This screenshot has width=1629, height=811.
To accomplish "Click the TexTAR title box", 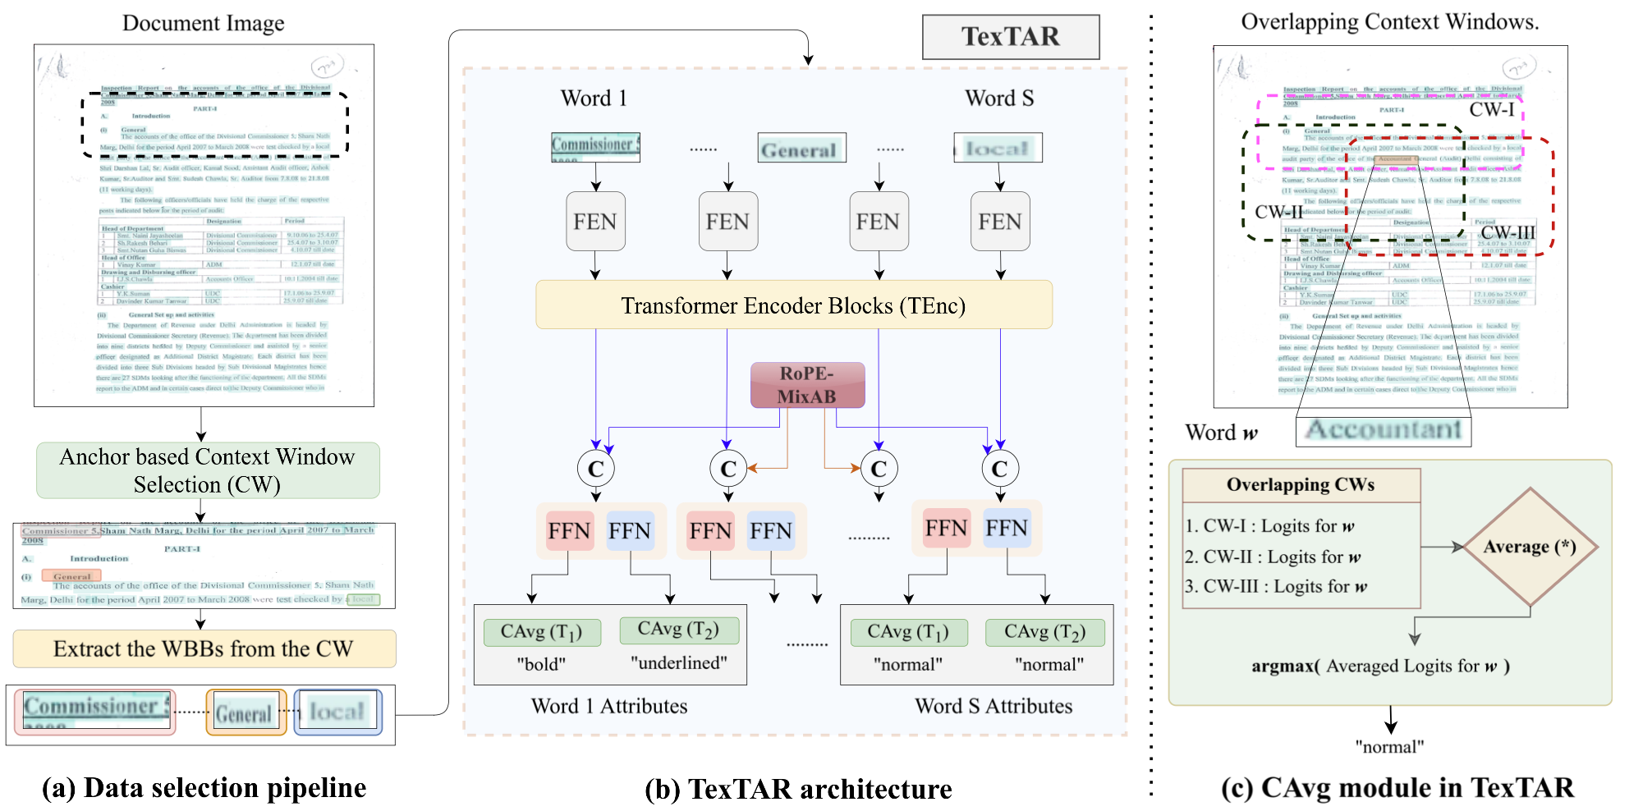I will click(x=1011, y=37).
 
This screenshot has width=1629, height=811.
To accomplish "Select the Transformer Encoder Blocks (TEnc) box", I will click(x=793, y=305).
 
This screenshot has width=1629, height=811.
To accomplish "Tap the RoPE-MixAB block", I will click(x=807, y=385).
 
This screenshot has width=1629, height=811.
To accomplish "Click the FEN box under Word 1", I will click(x=595, y=222).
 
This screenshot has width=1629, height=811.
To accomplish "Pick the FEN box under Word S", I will click(x=999, y=222).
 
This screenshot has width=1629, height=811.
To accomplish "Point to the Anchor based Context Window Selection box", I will click(x=208, y=470).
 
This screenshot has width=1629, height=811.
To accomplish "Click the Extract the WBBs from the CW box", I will click(x=204, y=648).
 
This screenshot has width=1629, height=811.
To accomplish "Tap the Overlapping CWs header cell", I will click(x=1301, y=485).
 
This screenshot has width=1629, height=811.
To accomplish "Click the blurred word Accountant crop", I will click(x=1384, y=430).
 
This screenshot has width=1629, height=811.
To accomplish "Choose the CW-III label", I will click(x=1507, y=233).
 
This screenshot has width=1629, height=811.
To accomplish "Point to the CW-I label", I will click(x=1492, y=110).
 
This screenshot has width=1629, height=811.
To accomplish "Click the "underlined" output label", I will click(x=679, y=663).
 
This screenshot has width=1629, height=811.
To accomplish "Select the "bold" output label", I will click(x=541, y=664).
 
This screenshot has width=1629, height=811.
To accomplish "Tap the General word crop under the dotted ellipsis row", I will click(x=801, y=149).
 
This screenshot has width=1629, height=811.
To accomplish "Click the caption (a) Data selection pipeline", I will click(x=204, y=788).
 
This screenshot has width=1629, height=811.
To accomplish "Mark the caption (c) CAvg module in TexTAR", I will click(x=1397, y=788).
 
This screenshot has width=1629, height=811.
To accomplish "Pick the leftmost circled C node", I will click(x=595, y=469).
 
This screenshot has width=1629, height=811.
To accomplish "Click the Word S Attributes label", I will click(x=993, y=706).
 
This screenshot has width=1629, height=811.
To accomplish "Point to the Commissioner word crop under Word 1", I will click(x=595, y=146).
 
